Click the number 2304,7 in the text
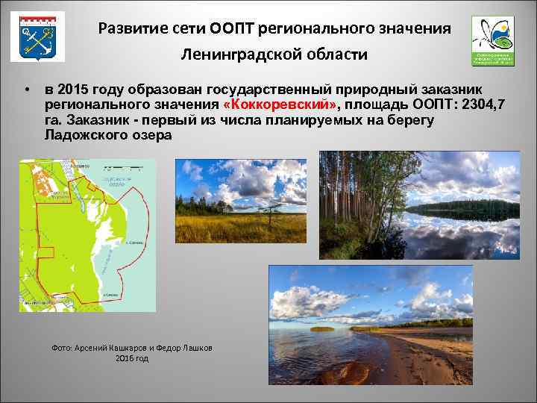pyautogui.click(x=478, y=104)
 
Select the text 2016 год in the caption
pyautogui.click(x=132, y=359)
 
